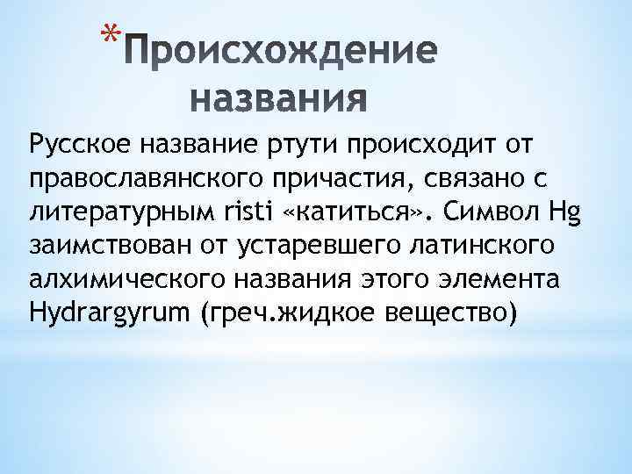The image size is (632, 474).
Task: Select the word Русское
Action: (78, 143)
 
